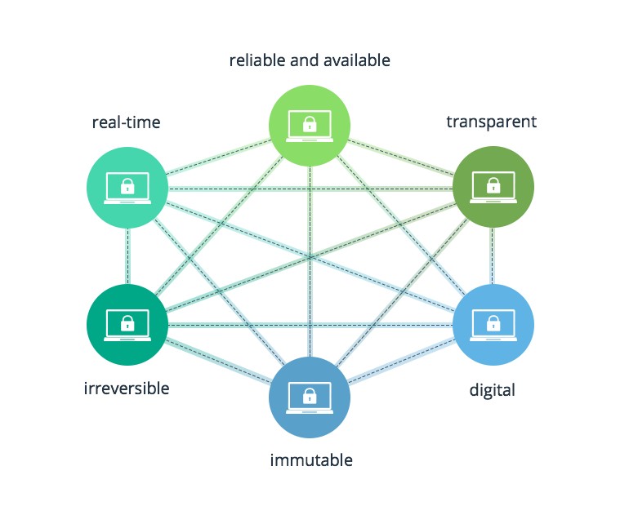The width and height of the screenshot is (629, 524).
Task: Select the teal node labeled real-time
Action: [x=127, y=188]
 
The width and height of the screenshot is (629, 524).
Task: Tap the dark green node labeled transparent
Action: [x=493, y=188]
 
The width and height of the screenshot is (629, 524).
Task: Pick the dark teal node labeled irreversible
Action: [x=127, y=324]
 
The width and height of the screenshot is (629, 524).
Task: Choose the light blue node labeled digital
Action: [x=493, y=324]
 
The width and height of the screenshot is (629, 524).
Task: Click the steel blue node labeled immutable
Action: [x=310, y=397]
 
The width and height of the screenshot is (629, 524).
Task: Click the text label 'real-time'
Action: [x=126, y=123]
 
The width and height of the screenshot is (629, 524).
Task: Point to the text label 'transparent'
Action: [x=491, y=122]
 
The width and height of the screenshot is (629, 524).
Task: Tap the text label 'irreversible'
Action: [x=127, y=388]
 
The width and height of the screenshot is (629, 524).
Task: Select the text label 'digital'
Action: [x=492, y=390]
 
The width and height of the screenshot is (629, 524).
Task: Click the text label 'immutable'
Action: [x=311, y=460]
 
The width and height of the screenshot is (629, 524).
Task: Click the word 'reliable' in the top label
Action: [x=255, y=60]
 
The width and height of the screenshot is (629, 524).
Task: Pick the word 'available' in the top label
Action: [x=356, y=60]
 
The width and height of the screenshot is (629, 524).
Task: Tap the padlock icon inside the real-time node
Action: [x=127, y=187]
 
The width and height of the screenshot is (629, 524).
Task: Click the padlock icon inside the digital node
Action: [x=493, y=323]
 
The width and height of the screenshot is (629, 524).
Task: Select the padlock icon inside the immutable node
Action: [x=310, y=397]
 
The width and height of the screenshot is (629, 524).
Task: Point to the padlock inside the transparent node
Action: [x=493, y=187]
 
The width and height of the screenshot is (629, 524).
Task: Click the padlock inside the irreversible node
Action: [x=127, y=323]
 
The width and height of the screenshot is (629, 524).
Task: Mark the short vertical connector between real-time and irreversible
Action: [x=127, y=256]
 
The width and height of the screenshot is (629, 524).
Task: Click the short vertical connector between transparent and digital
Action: [x=493, y=256]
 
